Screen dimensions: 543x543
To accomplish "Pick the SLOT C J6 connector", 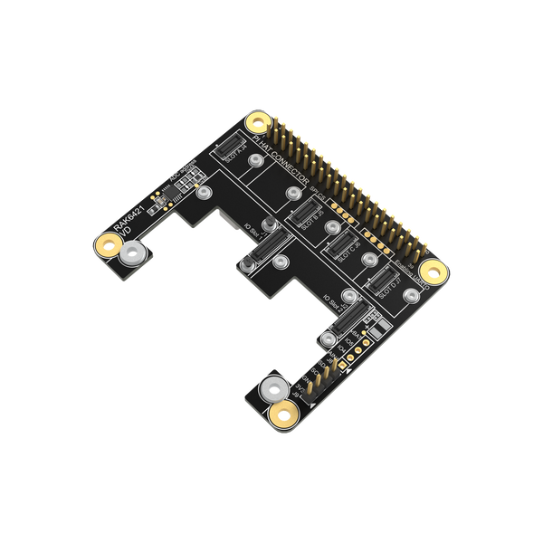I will (342, 247).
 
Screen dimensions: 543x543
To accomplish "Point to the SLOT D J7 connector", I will (380, 286).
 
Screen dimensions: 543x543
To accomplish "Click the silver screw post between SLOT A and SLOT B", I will (258, 160).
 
